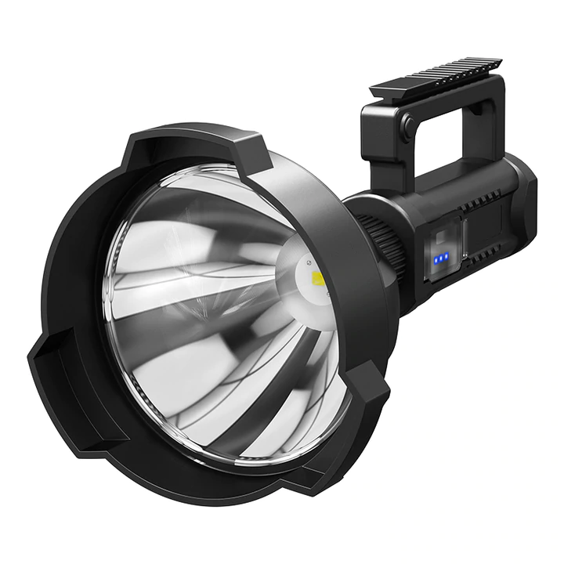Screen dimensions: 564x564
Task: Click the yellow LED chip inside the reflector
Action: pyautogui.click(x=318, y=279)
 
